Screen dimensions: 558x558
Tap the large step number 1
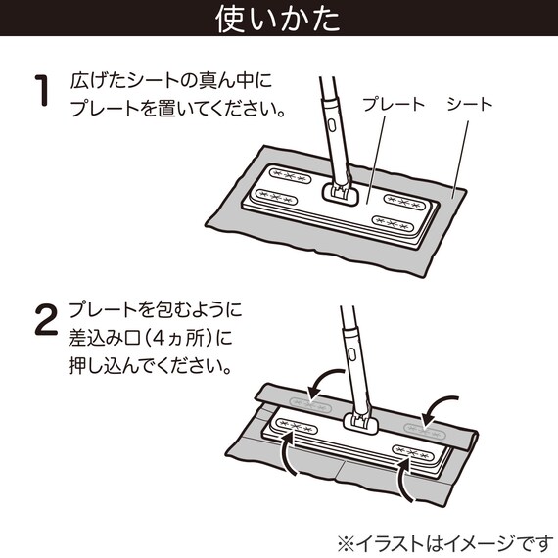point(41,93)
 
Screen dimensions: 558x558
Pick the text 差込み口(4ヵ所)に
point(152,339)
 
